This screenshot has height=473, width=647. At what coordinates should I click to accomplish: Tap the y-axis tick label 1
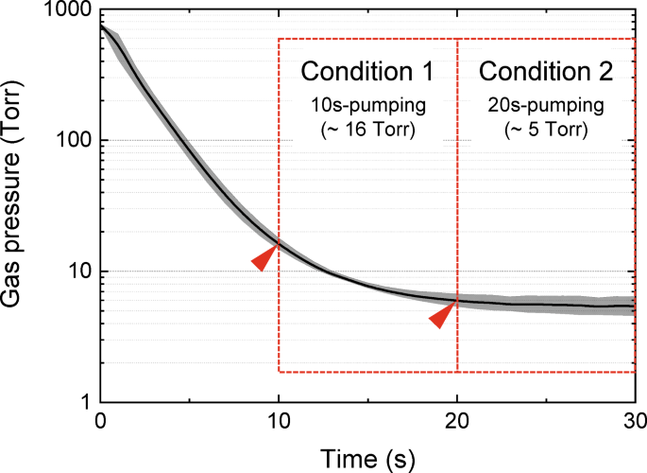pos(83,402)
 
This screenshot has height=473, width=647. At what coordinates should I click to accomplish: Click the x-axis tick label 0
pos(100,421)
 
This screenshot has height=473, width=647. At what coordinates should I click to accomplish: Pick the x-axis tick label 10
pos(278,421)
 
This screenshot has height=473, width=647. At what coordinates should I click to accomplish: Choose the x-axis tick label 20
pos(457,421)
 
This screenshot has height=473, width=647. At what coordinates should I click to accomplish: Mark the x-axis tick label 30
pos(634,421)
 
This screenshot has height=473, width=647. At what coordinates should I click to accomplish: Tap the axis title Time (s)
pos(366,457)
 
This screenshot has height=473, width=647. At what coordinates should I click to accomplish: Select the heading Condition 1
pos(366,72)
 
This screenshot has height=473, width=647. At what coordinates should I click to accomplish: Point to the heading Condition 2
pos(546,72)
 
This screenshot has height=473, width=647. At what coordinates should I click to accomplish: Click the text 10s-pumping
pos(366,104)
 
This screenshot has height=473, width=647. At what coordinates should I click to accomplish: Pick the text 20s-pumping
pos(546,104)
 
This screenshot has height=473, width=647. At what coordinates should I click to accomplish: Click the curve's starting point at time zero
pos(101,26)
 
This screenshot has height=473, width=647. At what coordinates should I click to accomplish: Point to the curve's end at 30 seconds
pos(633,307)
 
